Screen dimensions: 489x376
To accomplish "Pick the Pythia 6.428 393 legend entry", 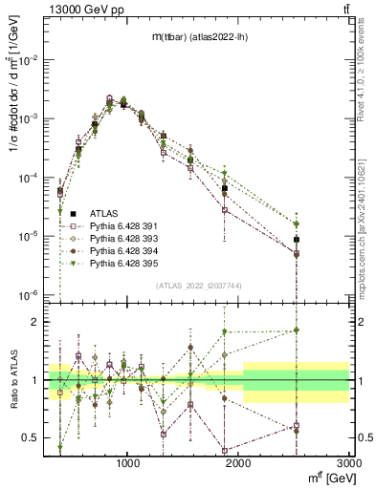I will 119,237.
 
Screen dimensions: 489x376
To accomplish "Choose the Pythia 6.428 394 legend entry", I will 119,249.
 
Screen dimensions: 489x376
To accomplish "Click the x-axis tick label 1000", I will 129,462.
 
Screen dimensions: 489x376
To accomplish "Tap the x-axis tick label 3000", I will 350,462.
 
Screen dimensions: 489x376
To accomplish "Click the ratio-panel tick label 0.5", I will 32,437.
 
